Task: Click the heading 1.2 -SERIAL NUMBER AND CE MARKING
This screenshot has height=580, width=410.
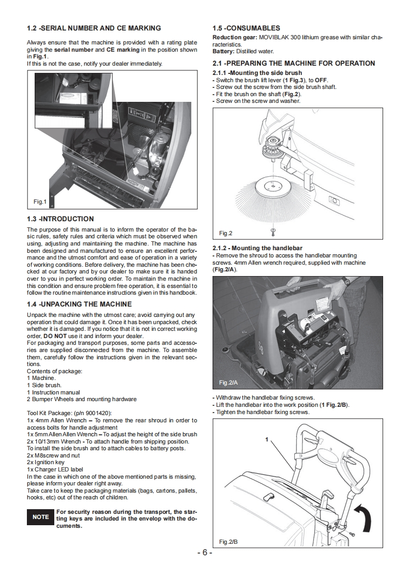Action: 94,28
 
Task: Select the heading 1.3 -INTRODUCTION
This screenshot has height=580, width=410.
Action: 60,219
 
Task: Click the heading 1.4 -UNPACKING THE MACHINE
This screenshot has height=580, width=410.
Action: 79,304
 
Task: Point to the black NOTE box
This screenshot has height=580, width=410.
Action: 40,517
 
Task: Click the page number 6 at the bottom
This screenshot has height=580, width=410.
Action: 205,553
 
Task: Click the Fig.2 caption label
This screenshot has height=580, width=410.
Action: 226,233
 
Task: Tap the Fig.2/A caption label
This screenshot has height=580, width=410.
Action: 228,383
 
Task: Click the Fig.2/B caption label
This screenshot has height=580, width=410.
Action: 228,541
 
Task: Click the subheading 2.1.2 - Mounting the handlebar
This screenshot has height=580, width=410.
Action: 257,248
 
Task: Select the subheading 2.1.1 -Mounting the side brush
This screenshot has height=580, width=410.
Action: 257,73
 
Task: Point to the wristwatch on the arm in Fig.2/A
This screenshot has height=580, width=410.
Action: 345,282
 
